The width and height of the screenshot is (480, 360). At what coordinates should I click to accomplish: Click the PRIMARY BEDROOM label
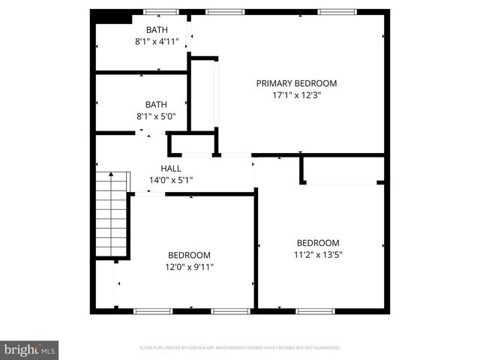[x=296, y=83]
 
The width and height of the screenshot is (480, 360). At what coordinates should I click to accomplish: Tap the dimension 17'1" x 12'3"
[x=296, y=95]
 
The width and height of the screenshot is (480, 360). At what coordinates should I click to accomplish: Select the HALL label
[x=171, y=169]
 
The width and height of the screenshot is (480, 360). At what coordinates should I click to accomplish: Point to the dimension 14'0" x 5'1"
[x=171, y=180]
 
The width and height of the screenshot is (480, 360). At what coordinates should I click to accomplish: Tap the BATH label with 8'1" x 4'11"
[x=157, y=30]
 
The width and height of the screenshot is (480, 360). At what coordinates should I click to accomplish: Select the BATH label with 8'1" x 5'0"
[x=157, y=105]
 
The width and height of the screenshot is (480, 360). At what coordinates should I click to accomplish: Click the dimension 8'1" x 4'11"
[x=157, y=42]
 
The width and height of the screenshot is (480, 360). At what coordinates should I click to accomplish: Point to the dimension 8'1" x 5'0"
[x=157, y=117]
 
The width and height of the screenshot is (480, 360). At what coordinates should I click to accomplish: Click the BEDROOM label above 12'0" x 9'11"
[x=189, y=255]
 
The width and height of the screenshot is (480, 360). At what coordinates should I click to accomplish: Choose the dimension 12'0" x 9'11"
[x=189, y=266]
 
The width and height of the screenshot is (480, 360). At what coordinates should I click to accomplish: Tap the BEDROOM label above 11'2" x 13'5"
[x=318, y=243]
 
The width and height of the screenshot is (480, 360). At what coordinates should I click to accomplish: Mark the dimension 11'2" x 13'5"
[x=318, y=254]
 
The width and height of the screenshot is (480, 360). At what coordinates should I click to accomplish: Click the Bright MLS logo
[x=30, y=349]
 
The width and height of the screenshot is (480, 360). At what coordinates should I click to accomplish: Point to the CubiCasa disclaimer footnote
[x=240, y=348]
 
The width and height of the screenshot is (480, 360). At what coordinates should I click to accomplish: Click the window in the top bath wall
[x=160, y=12]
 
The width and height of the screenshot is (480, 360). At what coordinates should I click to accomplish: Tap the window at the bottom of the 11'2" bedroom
[x=315, y=310]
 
